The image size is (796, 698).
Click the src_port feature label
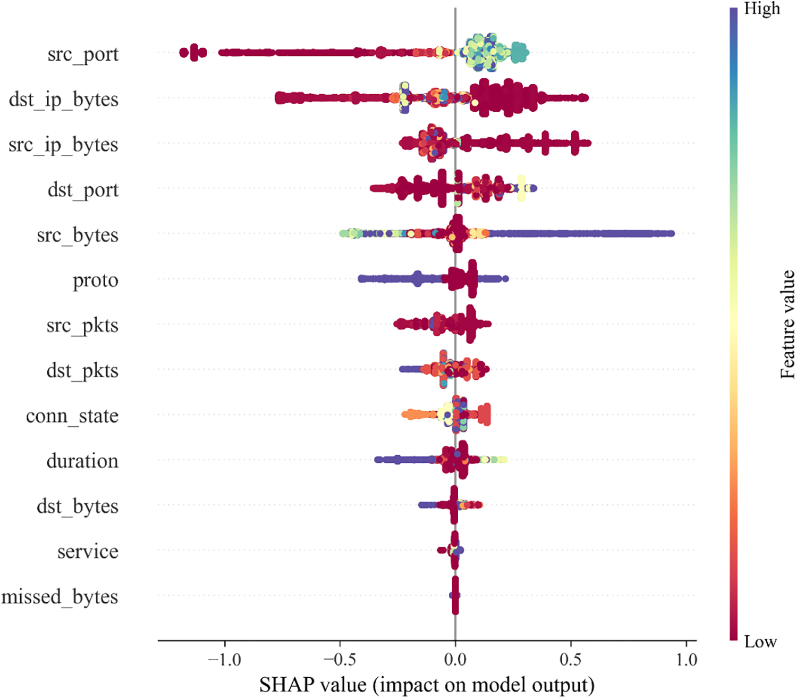[x=83, y=55]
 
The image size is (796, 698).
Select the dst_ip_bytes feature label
[x=64, y=100]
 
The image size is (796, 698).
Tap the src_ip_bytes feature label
[x=63, y=145]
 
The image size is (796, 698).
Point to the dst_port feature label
[x=83, y=190]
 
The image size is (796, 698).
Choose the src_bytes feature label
[x=78, y=236]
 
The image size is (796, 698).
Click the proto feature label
[x=96, y=280]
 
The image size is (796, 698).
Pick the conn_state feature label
[x=72, y=416]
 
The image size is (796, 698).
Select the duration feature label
[x=82, y=461]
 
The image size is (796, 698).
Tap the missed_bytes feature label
[x=60, y=597]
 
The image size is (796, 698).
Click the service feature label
[x=88, y=552]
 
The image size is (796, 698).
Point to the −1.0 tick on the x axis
[x=224, y=660]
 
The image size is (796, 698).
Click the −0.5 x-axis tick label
[x=340, y=660]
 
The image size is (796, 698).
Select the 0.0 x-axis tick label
[x=455, y=660]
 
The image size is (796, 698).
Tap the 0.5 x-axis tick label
[x=571, y=660]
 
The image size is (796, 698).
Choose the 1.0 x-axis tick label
[x=686, y=660]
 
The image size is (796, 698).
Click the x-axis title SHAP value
[x=427, y=685]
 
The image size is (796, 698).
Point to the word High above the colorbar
[x=762, y=9]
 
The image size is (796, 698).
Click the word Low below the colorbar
[x=760, y=642]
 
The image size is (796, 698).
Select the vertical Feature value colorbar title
[x=787, y=325]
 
